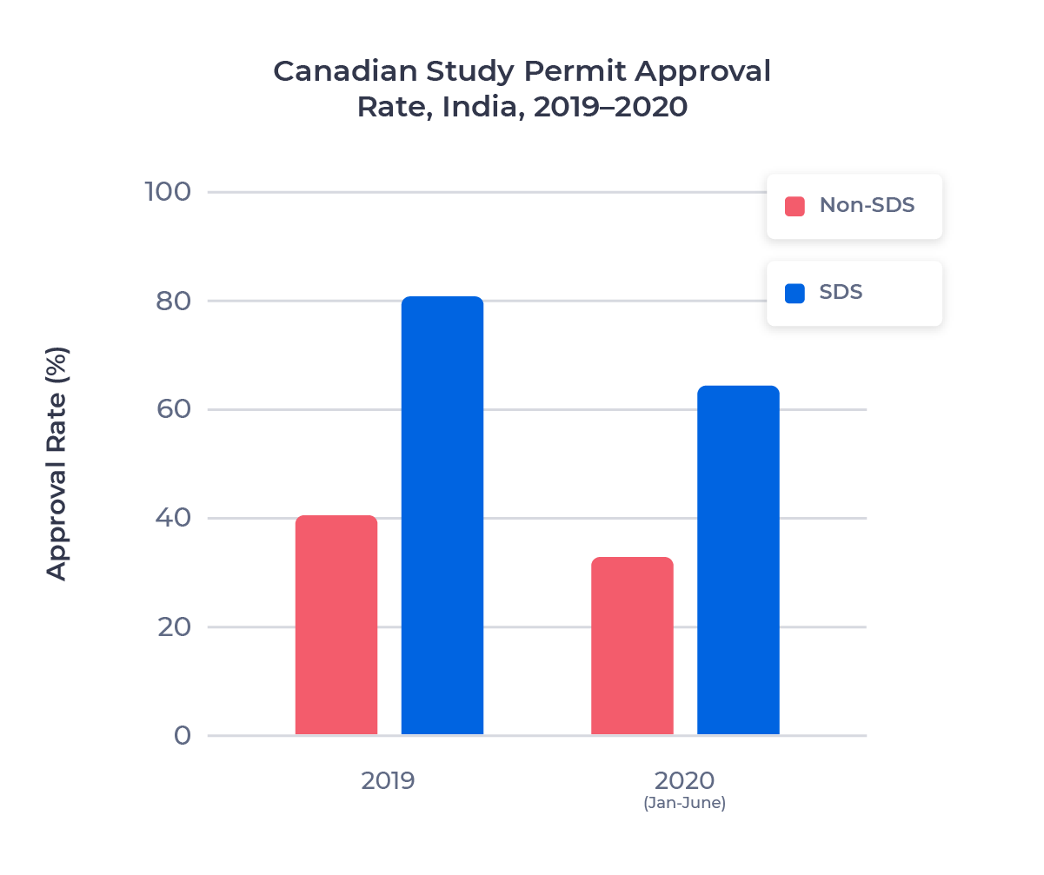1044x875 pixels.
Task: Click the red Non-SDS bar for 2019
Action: click(336, 626)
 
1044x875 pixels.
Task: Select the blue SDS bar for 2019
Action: click(442, 516)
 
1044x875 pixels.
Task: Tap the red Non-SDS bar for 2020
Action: click(632, 646)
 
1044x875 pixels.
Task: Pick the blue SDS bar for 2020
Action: click(738, 560)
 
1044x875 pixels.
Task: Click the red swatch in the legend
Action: click(795, 206)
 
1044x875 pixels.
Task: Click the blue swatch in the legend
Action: click(795, 293)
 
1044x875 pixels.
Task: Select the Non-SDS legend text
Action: click(867, 206)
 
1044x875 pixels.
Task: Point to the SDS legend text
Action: click(841, 293)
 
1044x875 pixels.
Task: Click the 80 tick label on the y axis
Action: click(173, 301)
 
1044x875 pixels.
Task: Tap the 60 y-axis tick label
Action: click(173, 409)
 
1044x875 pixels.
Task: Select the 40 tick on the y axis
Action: click(173, 518)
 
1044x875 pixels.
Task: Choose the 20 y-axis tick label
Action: click(173, 626)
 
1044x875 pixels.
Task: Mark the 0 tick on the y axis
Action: click(182, 736)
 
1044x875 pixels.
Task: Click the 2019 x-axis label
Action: click(389, 780)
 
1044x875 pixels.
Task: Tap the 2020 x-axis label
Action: click(684, 779)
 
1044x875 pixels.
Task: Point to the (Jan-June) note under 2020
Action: click(684, 804)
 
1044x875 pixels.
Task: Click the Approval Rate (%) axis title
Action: click(57, 464)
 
